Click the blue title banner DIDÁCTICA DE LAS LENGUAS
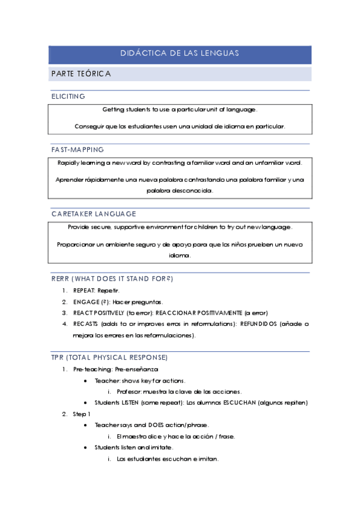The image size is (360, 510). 180,54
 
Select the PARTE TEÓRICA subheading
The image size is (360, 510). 81,73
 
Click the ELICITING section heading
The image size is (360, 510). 68,96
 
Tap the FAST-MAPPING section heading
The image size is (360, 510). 77,149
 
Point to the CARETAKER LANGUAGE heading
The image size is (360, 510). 93,214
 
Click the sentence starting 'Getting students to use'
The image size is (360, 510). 180,110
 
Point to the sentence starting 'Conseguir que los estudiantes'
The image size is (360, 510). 180,126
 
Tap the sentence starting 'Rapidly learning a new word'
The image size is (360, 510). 180,163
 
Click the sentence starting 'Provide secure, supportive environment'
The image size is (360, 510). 180,227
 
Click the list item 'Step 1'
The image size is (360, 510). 82,414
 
